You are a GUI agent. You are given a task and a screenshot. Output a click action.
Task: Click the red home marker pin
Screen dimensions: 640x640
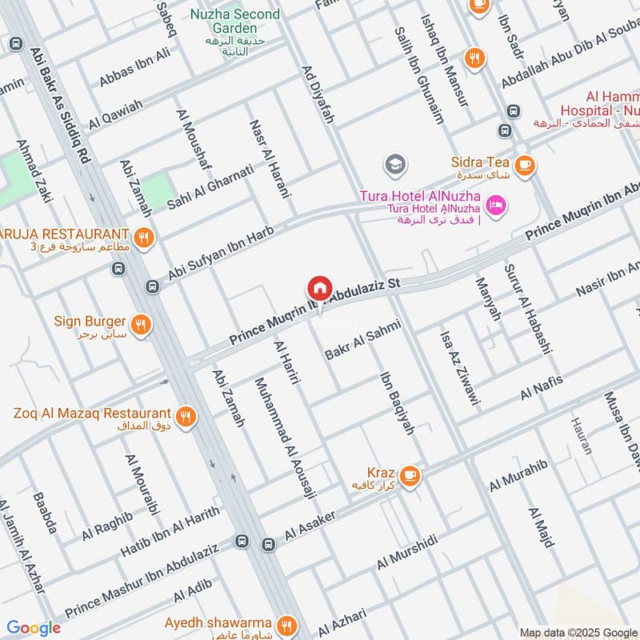coord(319,288)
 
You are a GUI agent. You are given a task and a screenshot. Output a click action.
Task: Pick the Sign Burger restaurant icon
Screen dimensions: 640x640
coord(141,324)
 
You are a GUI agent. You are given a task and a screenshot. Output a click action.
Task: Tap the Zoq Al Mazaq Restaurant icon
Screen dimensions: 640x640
coord(186,416)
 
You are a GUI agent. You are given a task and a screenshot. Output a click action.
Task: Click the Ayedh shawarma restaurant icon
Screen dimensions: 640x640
coord(286,624)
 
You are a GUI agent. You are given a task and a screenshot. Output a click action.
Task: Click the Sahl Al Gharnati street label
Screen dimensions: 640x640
coord(210,187)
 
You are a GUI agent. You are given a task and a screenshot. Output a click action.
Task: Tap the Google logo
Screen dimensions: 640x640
coord(34,628)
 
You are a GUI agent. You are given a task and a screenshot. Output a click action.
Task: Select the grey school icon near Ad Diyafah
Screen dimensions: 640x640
coord(394,166)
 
